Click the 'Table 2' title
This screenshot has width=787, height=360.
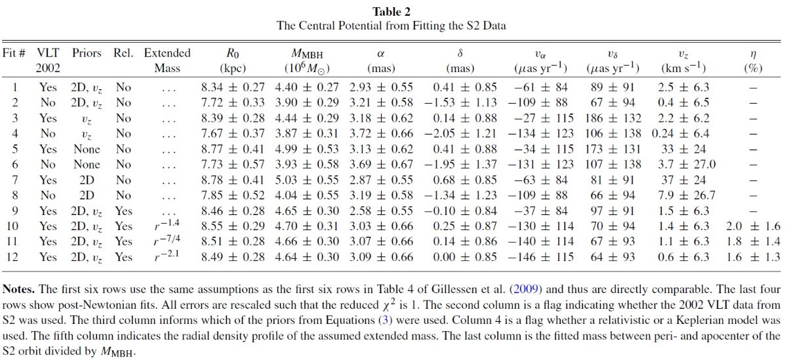[392, 12]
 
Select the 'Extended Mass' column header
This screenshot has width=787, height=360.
[167, 60]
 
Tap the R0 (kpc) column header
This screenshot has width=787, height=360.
[233, 60]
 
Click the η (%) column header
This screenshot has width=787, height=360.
[753, 60]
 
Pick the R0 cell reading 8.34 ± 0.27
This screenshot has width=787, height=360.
[233, 87]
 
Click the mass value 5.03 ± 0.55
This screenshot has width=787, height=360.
[307, 180]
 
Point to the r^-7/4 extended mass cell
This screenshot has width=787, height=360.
[167, 241]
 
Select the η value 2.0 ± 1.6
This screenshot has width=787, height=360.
[753, 226]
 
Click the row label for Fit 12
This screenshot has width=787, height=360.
[12, 257]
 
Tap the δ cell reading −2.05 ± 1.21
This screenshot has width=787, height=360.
[460, 134]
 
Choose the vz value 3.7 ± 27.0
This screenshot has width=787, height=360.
[683, 165]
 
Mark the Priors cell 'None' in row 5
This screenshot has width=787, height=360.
[87, 149]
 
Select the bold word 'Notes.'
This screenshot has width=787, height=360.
[18, 289]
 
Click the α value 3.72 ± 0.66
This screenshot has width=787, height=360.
[381, 134]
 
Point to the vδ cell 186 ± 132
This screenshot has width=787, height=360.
[613, 118]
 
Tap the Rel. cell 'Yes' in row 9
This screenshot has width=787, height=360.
[123, 210]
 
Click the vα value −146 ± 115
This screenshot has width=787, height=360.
[540, 257]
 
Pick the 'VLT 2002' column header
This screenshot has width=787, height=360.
[48, 60]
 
